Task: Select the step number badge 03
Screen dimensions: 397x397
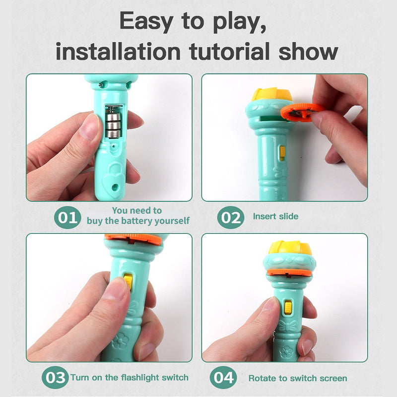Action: coord(55,378)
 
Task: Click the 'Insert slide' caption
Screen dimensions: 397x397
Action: coord(275,216)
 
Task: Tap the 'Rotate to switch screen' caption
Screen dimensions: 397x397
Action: coord(298,378)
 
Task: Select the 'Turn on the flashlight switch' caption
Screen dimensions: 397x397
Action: coord(130,377)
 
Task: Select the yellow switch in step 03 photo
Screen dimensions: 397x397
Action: coord(129,281)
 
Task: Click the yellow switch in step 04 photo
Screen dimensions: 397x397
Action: coord(287,307)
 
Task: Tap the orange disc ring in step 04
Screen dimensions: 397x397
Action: coord(290,272)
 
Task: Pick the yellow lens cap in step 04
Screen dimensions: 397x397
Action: coord(290,248)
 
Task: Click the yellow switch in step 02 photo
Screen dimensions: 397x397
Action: coord(282,153)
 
